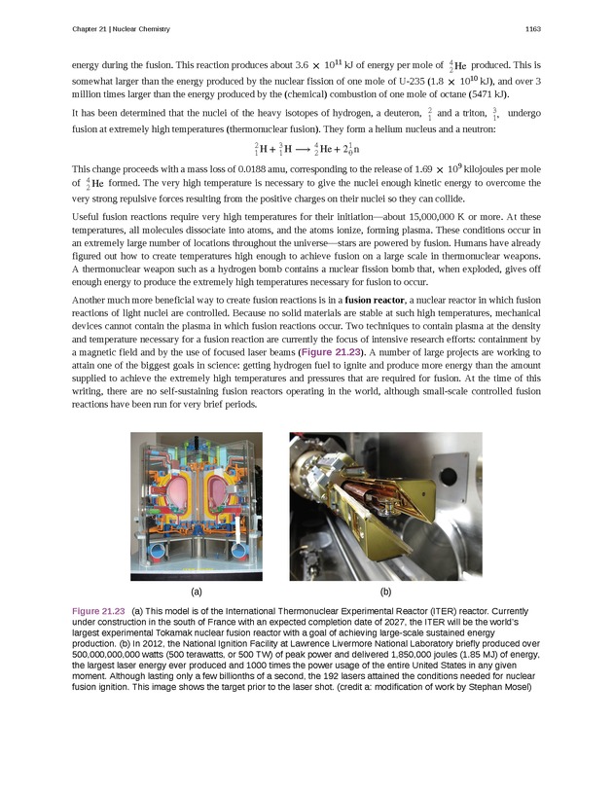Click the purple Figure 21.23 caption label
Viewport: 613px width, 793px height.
click(x=98, y=610)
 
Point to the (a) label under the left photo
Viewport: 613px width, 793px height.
click(x=197, y=591)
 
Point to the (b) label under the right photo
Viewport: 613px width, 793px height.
click(x=385, y=591)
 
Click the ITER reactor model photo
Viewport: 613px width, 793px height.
click(x=197, y=506)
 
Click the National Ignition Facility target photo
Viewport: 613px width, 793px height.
click(x=385, y=506)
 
